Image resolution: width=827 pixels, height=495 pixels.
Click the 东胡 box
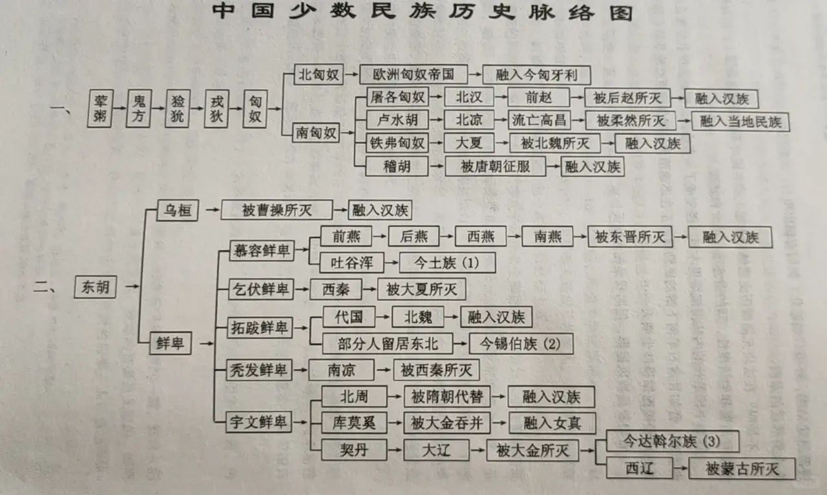96,287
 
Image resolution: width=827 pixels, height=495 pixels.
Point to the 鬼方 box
139,108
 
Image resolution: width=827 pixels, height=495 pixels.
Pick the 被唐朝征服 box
494,167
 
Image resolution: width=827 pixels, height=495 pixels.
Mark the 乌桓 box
178,210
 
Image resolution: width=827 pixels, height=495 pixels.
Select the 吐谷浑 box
351,262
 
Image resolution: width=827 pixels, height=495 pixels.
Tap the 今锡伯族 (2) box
521,343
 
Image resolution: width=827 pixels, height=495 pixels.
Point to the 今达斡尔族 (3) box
672,441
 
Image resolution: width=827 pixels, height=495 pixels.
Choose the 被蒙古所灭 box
741,468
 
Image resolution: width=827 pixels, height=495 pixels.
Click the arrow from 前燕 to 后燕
380,236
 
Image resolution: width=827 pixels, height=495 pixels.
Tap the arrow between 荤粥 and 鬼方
120,108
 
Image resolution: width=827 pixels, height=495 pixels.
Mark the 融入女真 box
551,423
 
